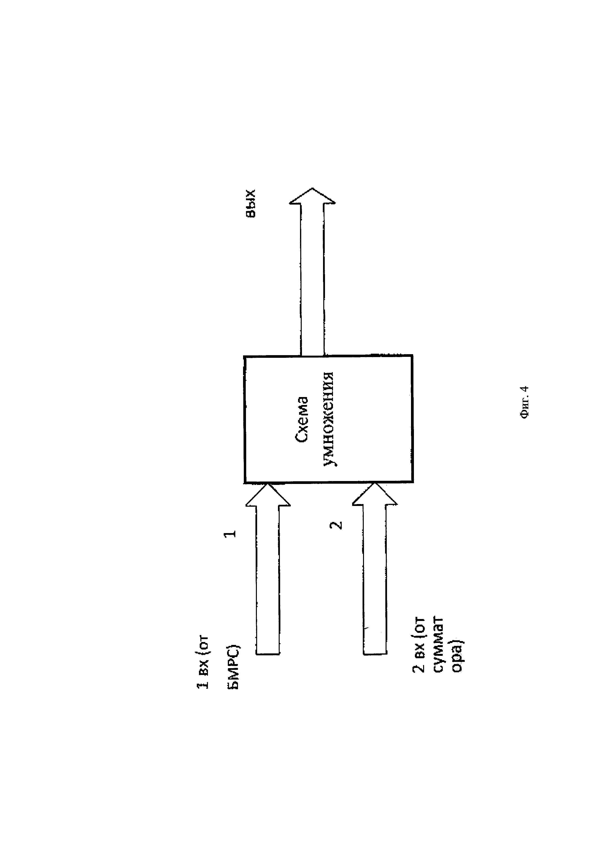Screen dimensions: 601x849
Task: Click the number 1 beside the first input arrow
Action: coord(230,533)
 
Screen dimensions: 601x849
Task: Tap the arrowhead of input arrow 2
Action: coord(374,495)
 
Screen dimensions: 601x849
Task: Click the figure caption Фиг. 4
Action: coord(524,402)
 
